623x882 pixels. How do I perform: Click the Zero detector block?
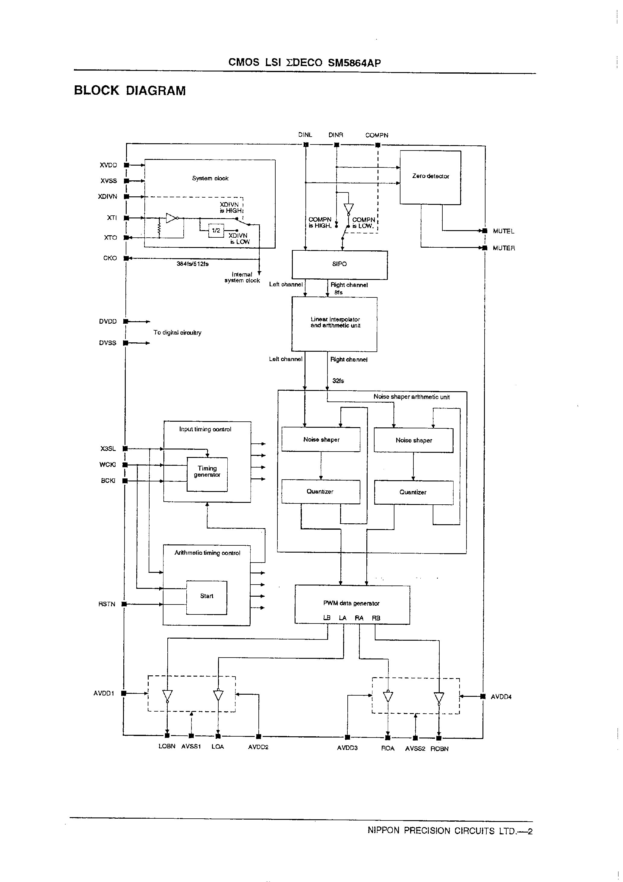pos(430,177)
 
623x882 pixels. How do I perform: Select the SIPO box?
pos(340,264)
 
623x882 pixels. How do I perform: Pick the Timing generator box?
pos(207,472)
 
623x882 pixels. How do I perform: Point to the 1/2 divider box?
pos(216,230)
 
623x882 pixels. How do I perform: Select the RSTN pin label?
pos(107,604)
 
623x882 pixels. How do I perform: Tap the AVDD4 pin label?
pos(501,697)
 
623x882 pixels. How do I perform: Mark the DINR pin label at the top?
pos(336,135)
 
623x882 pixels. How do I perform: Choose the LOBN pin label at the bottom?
pos(167,746)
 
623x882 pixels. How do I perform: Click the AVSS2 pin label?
pos(415,749)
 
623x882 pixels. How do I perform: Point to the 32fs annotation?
pos(338,381)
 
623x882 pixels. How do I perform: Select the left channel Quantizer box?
pos(320,492)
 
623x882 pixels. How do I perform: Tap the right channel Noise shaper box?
pos(414,440)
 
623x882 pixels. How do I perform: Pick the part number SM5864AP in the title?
pos(354,63)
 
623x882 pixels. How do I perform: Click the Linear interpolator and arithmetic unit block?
pos(334,323)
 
